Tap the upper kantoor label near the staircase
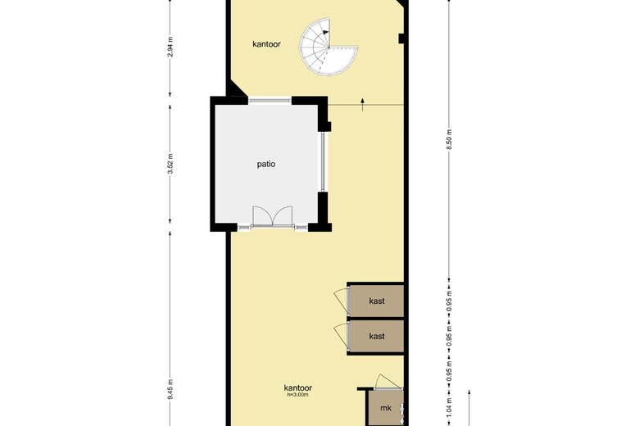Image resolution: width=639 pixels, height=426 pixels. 266,44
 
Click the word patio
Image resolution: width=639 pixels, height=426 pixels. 266,165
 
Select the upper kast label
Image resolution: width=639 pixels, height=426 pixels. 377,301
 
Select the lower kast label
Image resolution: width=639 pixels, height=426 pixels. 377,336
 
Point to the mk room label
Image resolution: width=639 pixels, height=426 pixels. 386,408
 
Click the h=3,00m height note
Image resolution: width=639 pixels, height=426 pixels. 298,395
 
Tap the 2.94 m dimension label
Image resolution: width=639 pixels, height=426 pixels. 170,47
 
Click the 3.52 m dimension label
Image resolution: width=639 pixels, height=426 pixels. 170,164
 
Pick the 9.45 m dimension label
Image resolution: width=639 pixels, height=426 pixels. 170,389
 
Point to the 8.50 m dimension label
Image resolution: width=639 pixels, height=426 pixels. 449,140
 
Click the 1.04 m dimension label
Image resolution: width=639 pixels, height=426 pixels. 449,406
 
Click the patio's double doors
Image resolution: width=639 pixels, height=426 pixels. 273,216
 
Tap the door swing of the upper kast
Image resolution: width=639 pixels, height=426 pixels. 342,301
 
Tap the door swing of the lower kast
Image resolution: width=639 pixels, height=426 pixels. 342,337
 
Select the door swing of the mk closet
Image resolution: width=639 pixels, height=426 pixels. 388,382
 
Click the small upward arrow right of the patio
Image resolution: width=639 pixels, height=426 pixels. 362,104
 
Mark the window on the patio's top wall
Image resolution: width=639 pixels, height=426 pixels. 270,100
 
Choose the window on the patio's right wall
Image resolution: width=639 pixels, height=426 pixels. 323,161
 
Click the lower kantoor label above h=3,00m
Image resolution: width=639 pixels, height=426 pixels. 298,388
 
